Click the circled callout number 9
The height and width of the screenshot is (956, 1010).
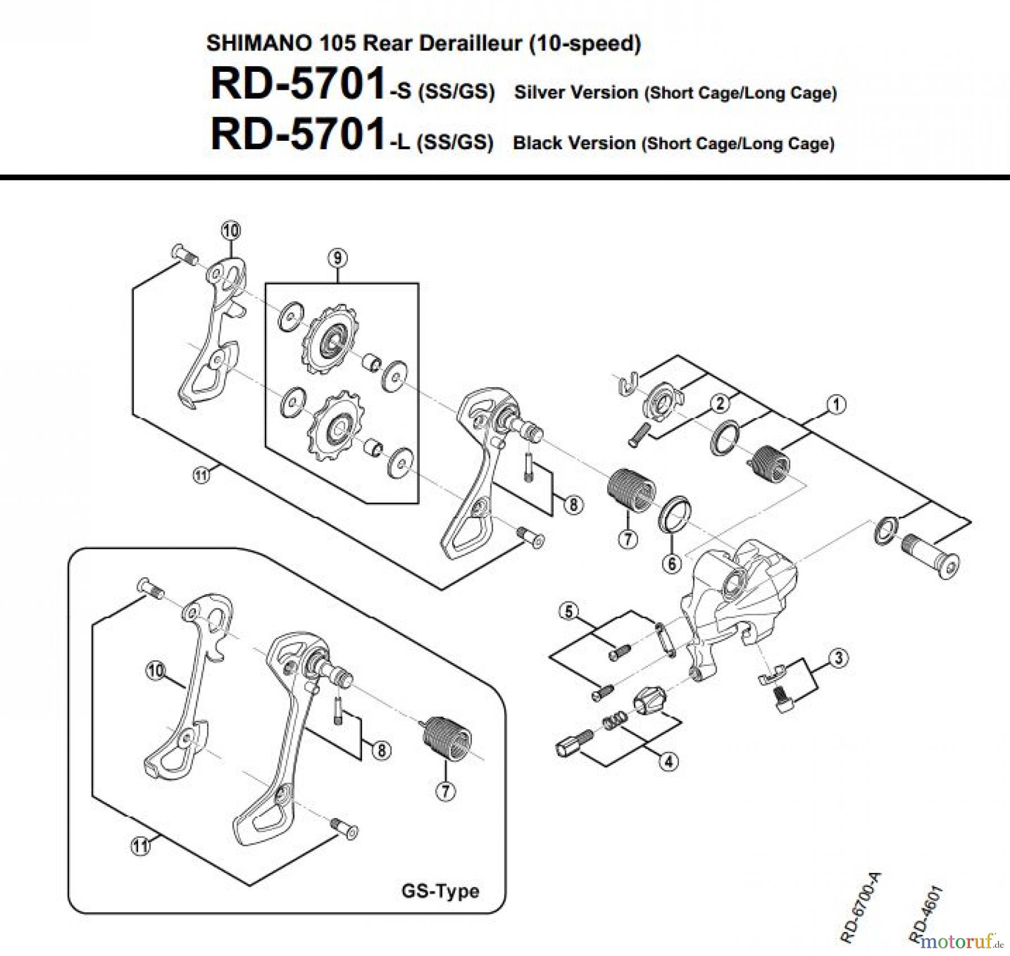click(337, 259)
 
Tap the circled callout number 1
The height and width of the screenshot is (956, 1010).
click(835, 405)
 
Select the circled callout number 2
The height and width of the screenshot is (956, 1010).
click(719, 403)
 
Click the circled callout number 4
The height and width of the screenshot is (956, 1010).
click(668, 761)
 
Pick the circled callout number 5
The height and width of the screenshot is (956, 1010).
click(569, 611)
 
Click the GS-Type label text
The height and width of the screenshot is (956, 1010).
click(440, 890)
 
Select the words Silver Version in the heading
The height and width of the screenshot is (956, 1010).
click(576, 93)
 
